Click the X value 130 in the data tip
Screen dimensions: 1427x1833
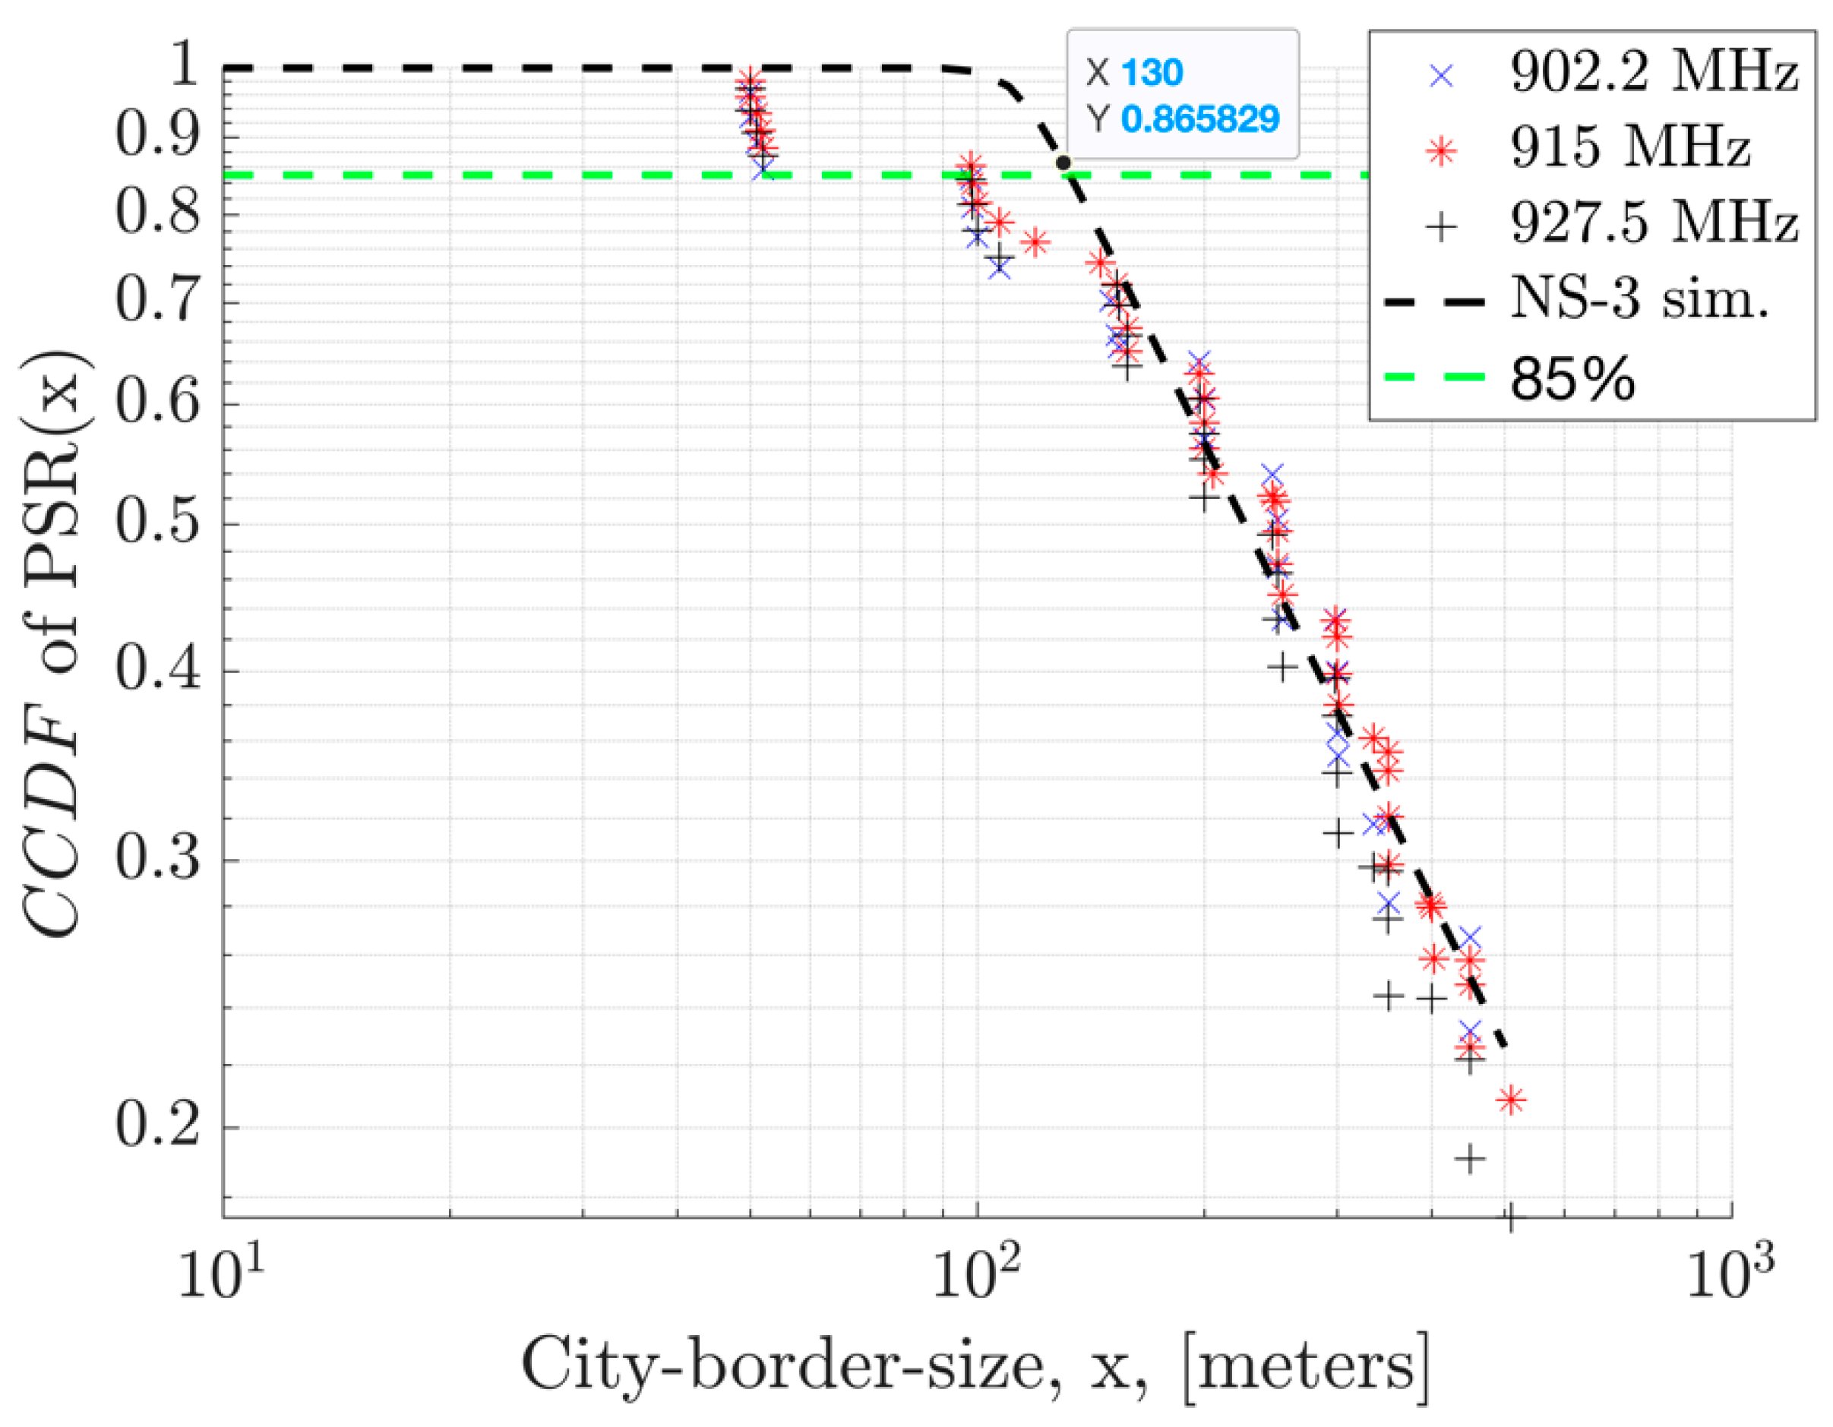click(1152, 73)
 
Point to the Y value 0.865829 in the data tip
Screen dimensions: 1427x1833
click(1199, 119)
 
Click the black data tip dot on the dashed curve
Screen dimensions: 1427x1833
click(1063, 163)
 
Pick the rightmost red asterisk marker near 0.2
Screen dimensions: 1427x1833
click(1512, 1100)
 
